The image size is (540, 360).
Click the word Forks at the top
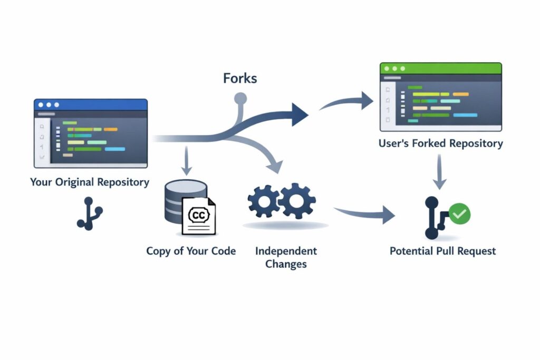pyautogui.click(x=240, y=79)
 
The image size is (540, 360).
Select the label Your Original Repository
pyautogui.click(x=90, y=182)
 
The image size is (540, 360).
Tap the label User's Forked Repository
pyautogui.click(x=440, y=143)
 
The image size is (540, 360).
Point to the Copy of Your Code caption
pyautogui.click(x=191, y=251)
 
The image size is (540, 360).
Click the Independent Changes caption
pyautogui.click(x=286, y=257)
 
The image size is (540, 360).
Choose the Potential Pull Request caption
pyautogui.click(x=442, y=251)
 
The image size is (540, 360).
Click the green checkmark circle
pyautogui.click(x=459, y=213)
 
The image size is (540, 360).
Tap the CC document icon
pyautogui.click(x=198, y=216)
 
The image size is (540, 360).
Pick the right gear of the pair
pyautogui.click(x=297, y=201)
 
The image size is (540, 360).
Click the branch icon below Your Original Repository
pyautogui.click(x=89, y=213)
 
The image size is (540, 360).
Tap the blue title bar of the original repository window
pyautogui.click(x=90, y=104)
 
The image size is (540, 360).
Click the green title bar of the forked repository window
pyautogui.click(x=440, y=69)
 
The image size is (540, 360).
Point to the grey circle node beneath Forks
pyautogui.click(x=240, y=99)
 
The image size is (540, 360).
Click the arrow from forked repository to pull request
pyautogui.click(x=439, y=173)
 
